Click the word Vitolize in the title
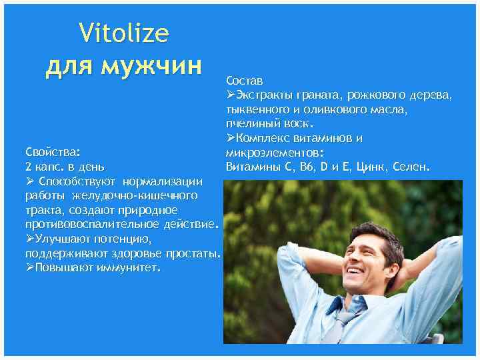click(124, 33)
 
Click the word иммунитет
click(127, 268)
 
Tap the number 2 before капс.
click(27, 166)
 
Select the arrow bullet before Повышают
click(29, 268)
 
